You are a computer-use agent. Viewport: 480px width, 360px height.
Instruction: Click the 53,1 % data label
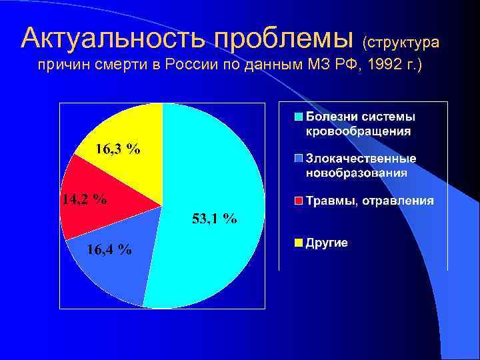coord(214,218)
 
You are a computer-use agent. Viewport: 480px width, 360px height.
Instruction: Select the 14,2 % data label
coord(84,199)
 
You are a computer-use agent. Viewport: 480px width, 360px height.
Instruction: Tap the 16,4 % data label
coord(109,249)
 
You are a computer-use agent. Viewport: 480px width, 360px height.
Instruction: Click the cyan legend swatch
coord(299,116)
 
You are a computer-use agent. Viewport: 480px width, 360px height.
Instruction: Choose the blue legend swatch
coord(299,159)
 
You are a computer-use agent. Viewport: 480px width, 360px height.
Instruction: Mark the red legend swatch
coord(299,201)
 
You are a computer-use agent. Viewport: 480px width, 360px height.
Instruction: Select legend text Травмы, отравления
coord(369,201)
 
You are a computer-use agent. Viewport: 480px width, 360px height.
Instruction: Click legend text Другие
coord(327,243)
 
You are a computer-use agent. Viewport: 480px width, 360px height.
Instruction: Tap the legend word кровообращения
coord(358,131)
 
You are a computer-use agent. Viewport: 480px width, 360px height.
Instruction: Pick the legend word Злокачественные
coord(361,159)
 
